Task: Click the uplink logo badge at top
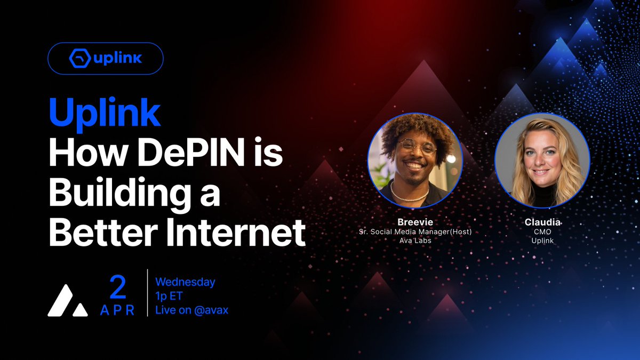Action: pos(106,58)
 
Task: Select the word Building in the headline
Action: pos(125,194)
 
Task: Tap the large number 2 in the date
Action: pos(117,289)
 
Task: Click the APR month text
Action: pos(117,311)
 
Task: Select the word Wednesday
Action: pos(185,282)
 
